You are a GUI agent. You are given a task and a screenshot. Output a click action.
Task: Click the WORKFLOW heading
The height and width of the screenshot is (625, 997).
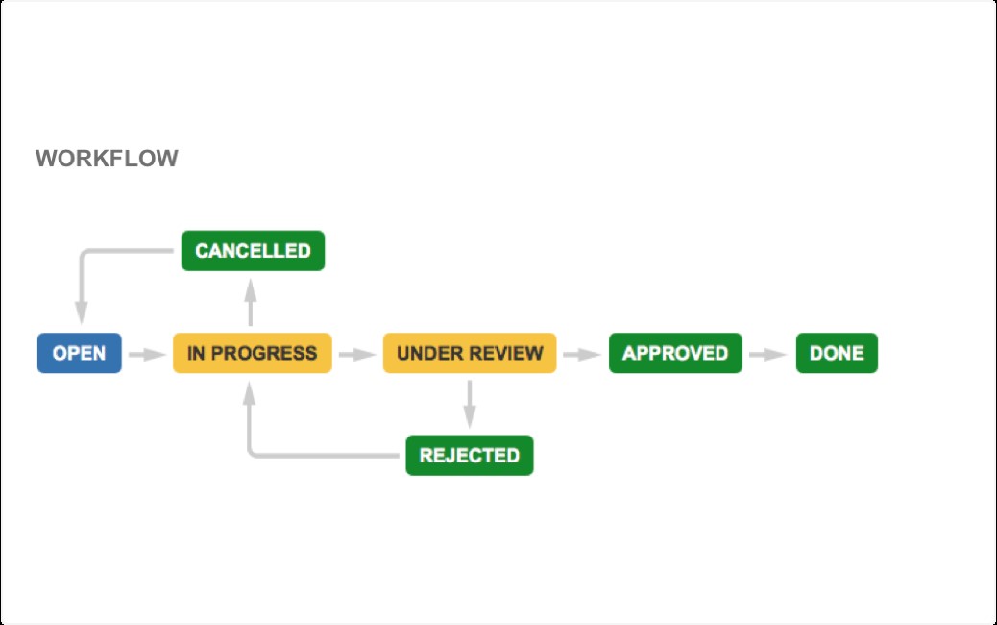pos(107,158)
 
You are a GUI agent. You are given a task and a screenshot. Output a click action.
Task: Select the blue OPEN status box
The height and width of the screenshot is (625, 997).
pos(80,353)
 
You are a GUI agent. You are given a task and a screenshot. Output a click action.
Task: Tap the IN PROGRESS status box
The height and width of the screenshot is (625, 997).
pos(253,353)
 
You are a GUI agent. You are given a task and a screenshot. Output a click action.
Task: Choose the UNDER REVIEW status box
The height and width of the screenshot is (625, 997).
pos(470,353)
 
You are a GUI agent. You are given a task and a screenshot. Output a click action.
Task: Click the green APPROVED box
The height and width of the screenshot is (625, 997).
pos(675,353)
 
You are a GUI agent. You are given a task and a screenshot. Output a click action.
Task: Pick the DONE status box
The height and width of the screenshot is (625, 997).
pos(837,353)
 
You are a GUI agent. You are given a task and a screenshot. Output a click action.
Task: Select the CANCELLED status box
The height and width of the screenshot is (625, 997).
pos(253,251)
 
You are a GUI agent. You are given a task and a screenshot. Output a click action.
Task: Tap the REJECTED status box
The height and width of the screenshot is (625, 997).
pos(470,455)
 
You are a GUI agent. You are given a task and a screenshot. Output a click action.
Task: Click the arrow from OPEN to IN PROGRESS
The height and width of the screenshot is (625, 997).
pos(148,354)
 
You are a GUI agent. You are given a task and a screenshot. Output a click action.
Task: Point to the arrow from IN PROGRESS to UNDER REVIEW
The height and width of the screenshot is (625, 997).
pos(357,354)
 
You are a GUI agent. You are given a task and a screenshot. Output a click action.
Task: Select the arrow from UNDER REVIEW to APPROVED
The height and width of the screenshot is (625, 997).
pos(582,354)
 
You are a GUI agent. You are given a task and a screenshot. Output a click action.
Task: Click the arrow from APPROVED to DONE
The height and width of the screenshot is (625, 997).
pos(768,354)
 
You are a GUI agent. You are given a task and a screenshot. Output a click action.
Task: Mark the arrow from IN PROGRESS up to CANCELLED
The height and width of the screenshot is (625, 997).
pos(251,302)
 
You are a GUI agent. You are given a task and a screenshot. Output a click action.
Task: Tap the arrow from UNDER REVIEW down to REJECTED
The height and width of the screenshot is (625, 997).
pos(470,404)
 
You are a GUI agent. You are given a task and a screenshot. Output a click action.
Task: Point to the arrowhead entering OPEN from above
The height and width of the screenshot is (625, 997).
pos(82,312)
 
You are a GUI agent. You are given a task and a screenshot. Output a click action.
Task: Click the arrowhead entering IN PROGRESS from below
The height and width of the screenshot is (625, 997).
pos(250,393)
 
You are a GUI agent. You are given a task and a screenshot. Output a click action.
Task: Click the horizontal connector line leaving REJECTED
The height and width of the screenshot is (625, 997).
pos(325,455)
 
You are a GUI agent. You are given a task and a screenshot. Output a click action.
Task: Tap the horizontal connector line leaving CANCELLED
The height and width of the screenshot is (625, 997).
pos(127,251)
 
